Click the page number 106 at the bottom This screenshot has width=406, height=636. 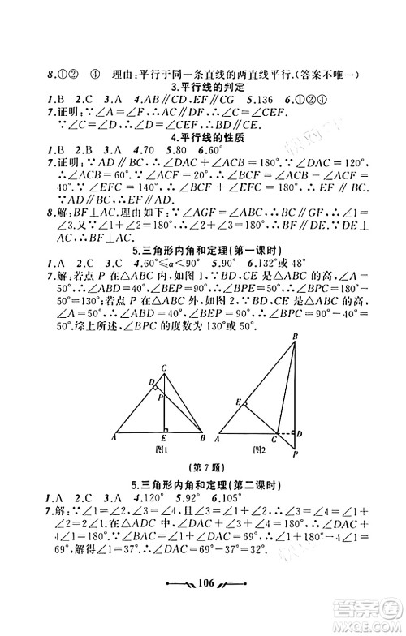202,607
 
